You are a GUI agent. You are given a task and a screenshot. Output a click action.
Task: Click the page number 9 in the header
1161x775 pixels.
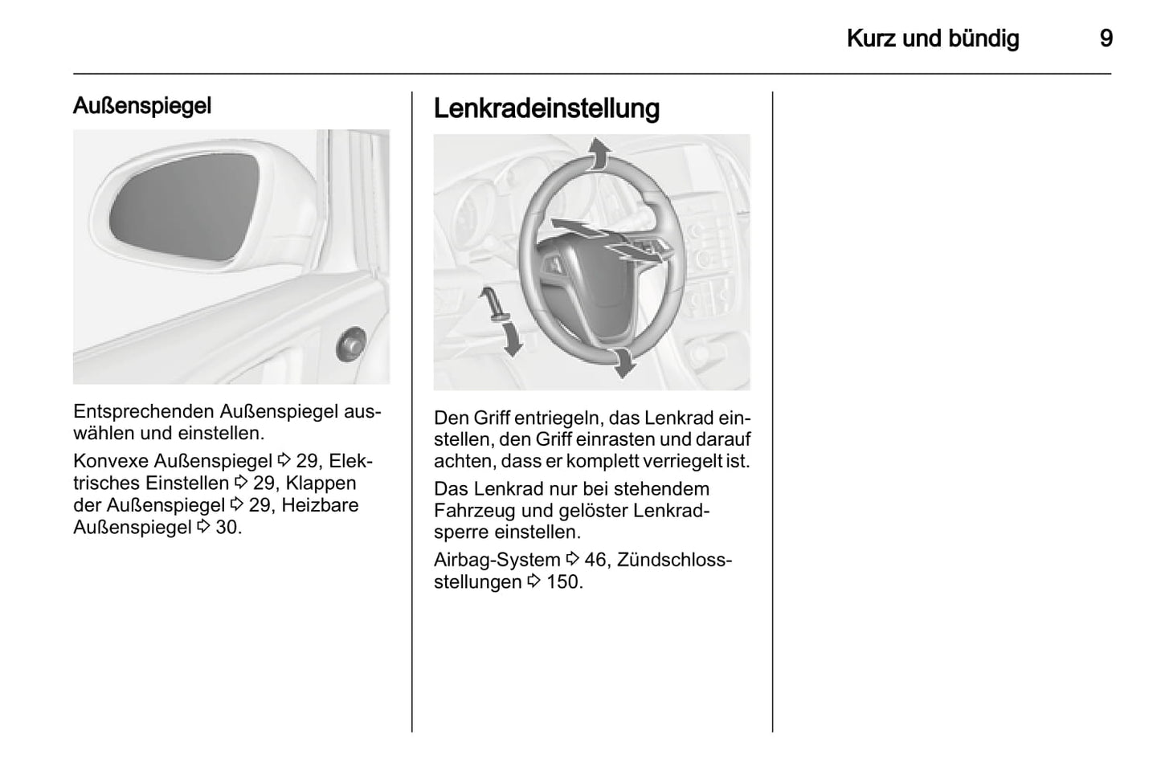(x=1106, y=39)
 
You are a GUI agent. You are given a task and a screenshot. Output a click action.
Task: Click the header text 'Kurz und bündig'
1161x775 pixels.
(x=933, y=39)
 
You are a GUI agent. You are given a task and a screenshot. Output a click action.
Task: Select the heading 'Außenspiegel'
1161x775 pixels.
(x=142, y=105)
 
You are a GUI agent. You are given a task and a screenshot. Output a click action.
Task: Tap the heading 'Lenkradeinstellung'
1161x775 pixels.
(x=546, y=108)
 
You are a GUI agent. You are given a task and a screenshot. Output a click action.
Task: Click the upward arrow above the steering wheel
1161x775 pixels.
(x=597, y=153)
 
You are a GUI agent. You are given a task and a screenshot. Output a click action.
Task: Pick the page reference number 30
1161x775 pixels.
(x=228, y=528)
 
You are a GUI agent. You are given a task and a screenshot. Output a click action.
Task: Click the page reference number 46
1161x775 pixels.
(x=595, y=560)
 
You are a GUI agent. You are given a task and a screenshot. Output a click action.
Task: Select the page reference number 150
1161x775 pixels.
(x=564, y=581)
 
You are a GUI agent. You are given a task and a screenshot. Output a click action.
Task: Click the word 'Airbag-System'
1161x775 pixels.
(x=497, y=560)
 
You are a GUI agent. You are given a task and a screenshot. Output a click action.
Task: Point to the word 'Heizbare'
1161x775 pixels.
(x=320, y=505)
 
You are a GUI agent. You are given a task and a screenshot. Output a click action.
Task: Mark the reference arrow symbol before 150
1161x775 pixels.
(x=534, y=581)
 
